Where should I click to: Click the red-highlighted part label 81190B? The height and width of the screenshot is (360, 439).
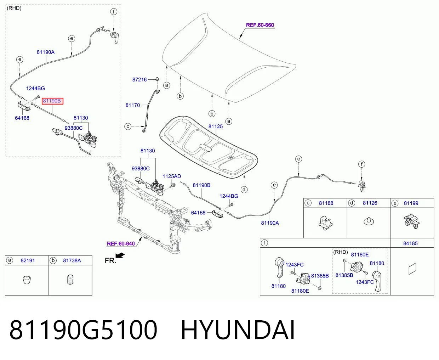coord(52,101)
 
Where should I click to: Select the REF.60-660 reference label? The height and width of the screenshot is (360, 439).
coord(260,25)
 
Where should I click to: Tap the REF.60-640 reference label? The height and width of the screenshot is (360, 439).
coord(121,243)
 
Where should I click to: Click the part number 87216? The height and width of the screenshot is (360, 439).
coord(139,80)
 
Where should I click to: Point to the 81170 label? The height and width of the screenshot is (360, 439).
coord(133,105)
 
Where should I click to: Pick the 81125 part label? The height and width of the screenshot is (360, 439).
coord(216,126)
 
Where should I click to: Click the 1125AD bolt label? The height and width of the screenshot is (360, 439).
coord(172,176)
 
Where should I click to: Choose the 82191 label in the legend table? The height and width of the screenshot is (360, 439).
coord(28,260)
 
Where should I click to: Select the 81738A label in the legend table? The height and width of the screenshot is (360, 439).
coord(72,260)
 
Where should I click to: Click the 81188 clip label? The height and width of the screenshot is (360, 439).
coord(326,203)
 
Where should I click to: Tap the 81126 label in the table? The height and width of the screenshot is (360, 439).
coord(370,203)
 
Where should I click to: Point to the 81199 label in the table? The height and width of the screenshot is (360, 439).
coord(411,203)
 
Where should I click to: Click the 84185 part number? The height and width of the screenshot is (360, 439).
coord(410,243)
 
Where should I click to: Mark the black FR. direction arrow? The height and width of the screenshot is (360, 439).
coord(120,255)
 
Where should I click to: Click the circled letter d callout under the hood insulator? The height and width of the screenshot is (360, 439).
coord(244,190)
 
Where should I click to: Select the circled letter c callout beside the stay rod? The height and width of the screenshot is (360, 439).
coord(128,126)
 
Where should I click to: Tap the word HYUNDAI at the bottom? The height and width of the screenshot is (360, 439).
coord(238,330)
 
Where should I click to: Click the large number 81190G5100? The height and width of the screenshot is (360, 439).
coord(83,330)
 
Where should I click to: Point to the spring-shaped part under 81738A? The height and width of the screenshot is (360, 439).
coord(70,280)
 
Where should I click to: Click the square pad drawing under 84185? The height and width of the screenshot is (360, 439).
coord(412,269)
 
